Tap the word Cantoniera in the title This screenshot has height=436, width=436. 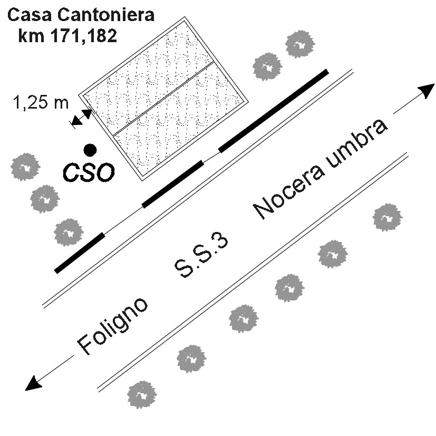tap(106, 15)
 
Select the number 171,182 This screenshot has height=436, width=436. tap(83, 36)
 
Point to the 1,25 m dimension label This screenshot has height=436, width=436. tap(41, 102)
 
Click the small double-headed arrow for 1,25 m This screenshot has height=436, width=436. tap(81, 118)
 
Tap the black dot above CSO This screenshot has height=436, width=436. tap(90, 150)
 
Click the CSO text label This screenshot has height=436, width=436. tap(89, 172)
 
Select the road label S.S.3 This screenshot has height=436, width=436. tap(201, 256)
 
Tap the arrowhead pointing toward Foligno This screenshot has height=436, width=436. tap(33, 383)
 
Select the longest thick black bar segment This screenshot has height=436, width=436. tap(274, 111)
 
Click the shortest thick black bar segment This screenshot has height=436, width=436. tap(80, 253)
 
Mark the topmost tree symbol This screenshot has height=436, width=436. tap(300, 44)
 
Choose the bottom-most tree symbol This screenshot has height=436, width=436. tap(142, 394)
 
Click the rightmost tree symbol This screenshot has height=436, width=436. tap(387, 217)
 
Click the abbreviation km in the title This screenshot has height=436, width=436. tap(31, 36)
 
